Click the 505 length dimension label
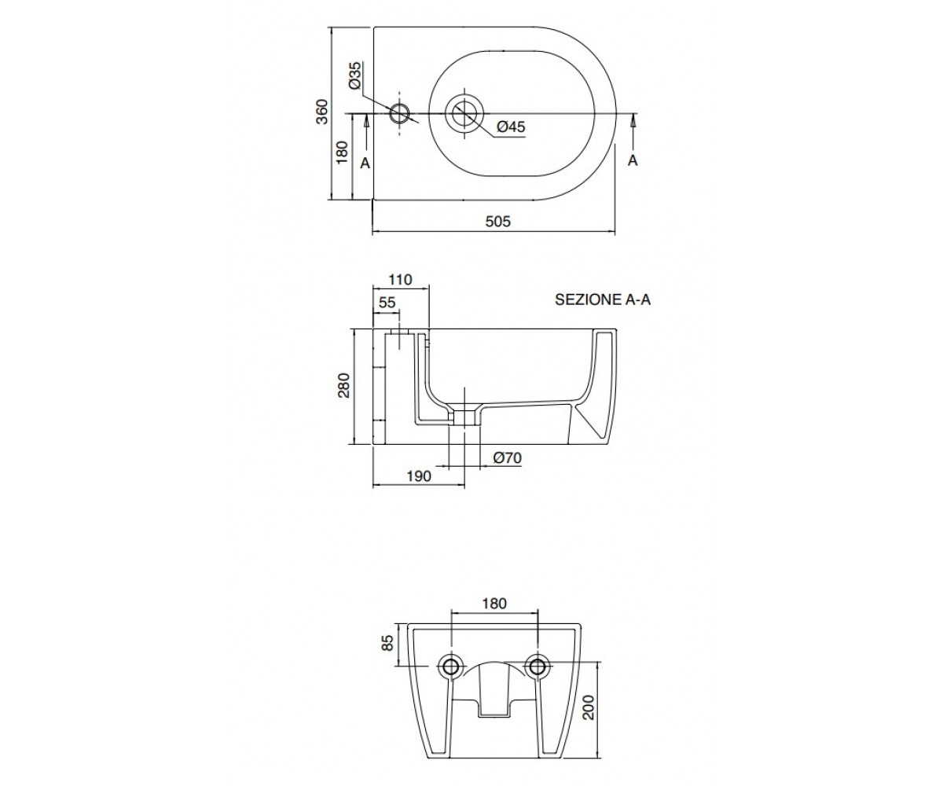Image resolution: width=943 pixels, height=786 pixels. pyautogui.click(x=497, y=222)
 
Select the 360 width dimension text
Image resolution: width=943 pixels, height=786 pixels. pyautogui.click(x=322, y=112)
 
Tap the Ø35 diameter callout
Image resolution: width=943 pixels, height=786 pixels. pyautogui.click(x=355, y=75)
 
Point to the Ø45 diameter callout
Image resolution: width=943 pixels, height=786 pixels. pyautogui.click(x=512, y=127)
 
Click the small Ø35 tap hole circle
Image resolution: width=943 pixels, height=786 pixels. pyautogui.click(x=400, y=113)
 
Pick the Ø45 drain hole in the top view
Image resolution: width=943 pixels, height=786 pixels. pyautogui.click(x=464, y=113)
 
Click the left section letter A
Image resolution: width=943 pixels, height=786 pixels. pyautogui.click(x=365, y=163)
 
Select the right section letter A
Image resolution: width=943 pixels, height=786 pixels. pyautogui.click(x=633, y=160)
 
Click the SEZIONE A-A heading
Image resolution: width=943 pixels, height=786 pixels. pyautogui.click(x=603, y=299)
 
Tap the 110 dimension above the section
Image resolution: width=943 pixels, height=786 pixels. pyautogui.click(x=400, y=280)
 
